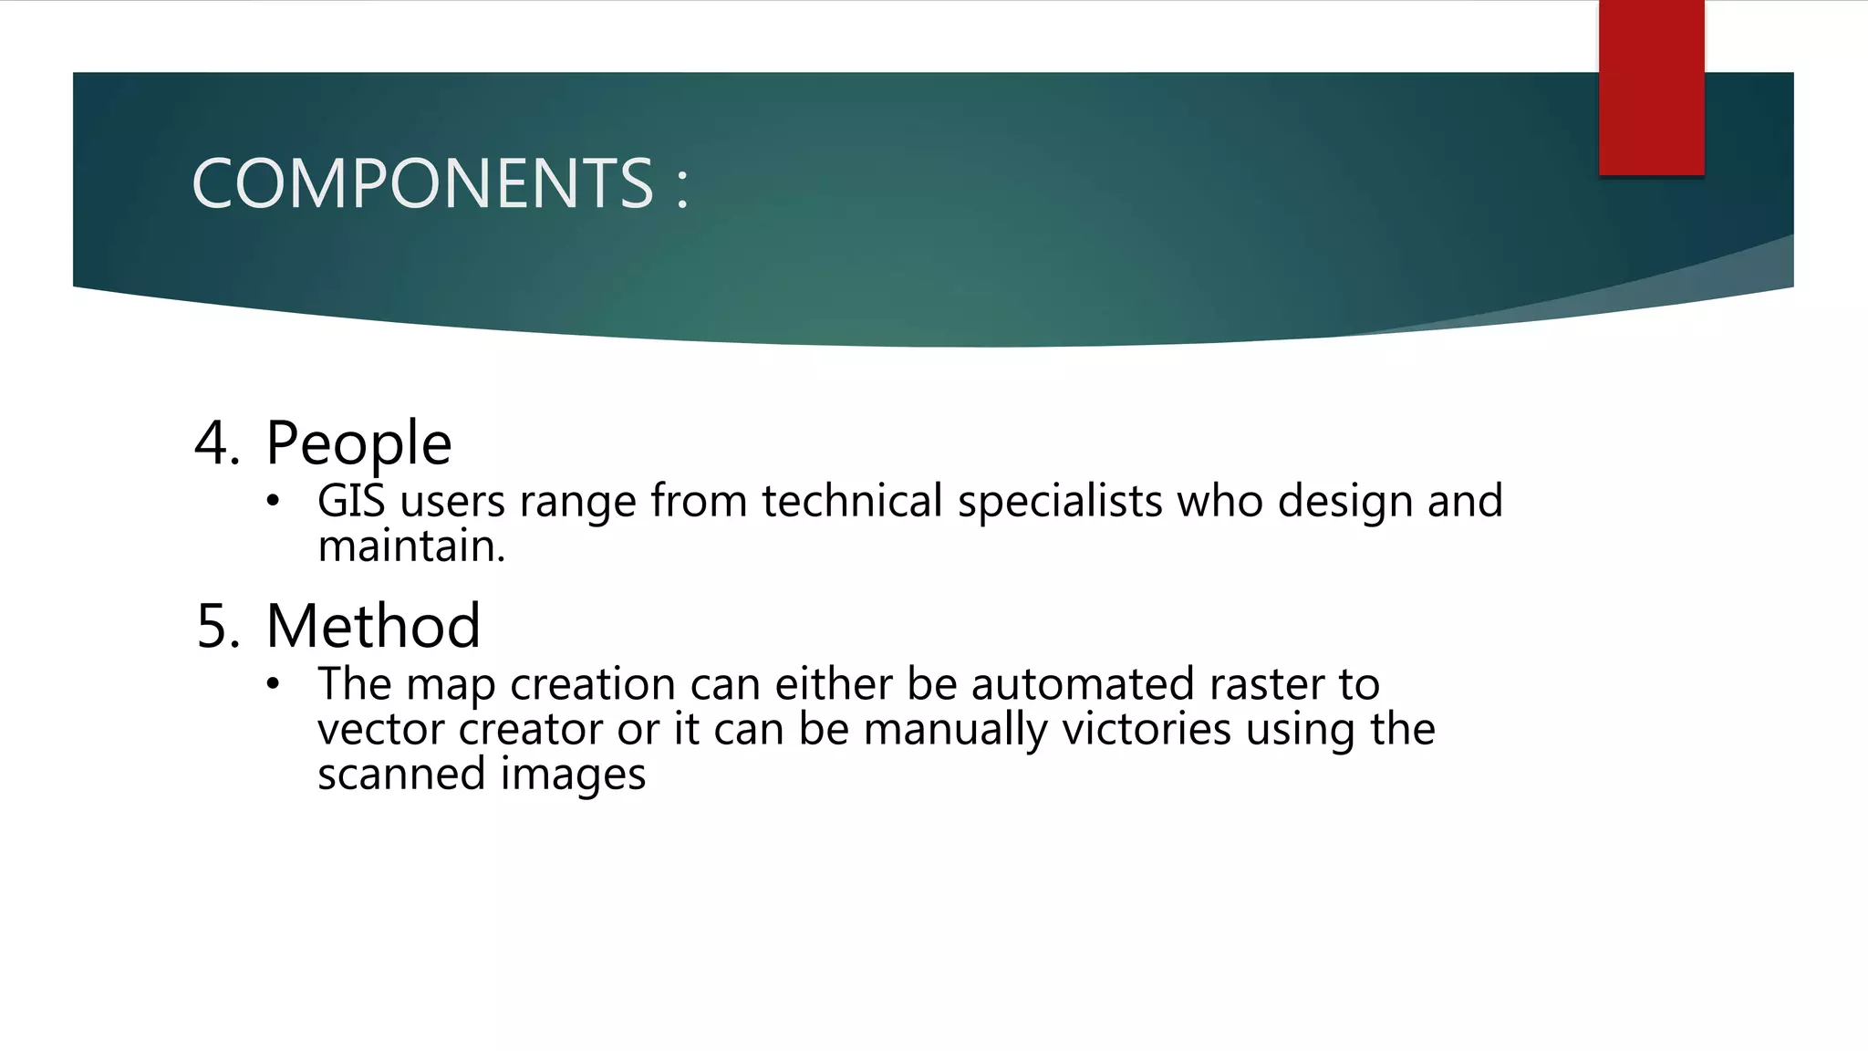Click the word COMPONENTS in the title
422,183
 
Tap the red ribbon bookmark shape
1651,88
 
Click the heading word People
358,444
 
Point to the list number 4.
217,444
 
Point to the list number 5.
217,627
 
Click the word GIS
351,501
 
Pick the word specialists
1060,502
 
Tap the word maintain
410,546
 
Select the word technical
852,501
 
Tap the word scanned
401,774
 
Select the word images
573,775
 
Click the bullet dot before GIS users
273,501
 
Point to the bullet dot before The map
273,684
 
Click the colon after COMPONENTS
682,187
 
